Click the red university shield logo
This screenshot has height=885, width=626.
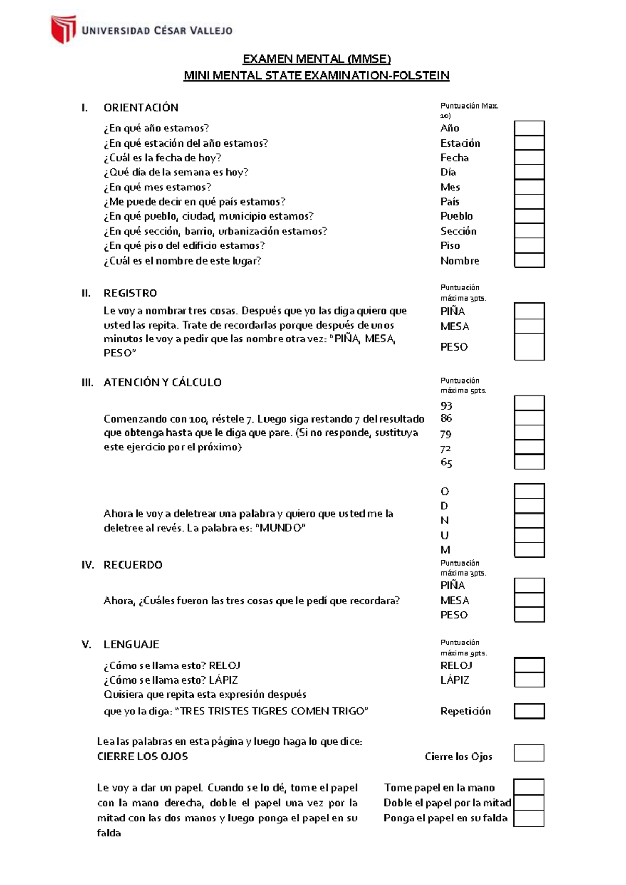click(x=63, y=29)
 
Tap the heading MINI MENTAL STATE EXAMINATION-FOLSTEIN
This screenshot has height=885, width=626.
click(x=316, y=76)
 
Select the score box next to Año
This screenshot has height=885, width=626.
click(x=529, y=128)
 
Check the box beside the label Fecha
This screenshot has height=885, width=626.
click(x=529, y=158)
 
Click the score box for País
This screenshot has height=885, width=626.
click(x=529, y=201)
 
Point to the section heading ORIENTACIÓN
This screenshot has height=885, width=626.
click(x=141, y=107)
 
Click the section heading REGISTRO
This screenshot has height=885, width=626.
click(x=130, y=293)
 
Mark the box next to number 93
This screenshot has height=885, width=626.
click(x=529, y=403)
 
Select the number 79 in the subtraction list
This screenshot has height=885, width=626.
click(x=446, y=434)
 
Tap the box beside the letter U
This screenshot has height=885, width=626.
click(x=529, y=535)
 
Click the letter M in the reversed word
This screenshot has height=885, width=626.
click(x=445, y=550)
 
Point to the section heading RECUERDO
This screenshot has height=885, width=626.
click(x=133, y=565)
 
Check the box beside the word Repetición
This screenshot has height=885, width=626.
click(x=529, y=711)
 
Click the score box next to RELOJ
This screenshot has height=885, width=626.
click(x=529, y=665)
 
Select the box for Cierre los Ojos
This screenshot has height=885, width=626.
click(x=529, y=753)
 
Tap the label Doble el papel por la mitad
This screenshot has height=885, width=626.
click(x=447, y=803)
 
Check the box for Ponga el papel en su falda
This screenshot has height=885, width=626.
click(x=528, y=818)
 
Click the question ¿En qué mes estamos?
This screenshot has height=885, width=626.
click(x=158, y=187)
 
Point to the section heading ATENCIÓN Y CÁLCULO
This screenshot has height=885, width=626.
click(x=162, y=382)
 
